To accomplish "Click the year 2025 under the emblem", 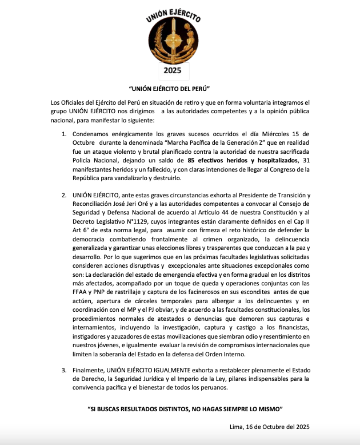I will pyautogui.click(x=172, y=70).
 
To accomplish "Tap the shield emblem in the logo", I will pyautogui.click(x=172, y=39).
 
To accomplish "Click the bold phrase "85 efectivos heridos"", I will pyautogui.click(x=221, y=161).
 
